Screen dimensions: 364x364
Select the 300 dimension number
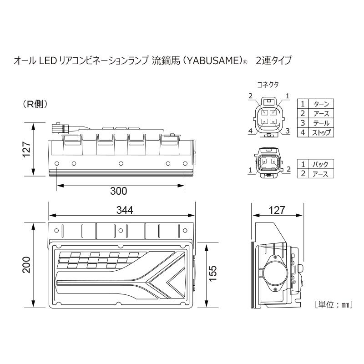(x=119, y=191)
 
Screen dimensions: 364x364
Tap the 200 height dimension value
(x=26, y=265)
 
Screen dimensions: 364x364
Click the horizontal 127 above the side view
(x=277, y=210)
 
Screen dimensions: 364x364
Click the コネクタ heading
(x=268, y=84)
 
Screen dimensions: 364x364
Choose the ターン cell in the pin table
(x=321, y=104)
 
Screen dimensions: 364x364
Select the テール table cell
(x=321, y=123)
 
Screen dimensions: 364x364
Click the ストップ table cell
(x=321, y=132)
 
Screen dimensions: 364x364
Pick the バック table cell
(x=321, y=164)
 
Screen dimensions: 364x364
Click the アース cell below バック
(x=321, y=174)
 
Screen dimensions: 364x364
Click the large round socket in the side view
(x=275, y=273)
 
